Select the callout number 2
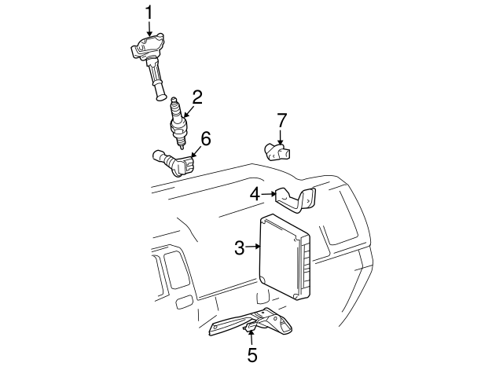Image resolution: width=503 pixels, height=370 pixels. click(x=196, y=97)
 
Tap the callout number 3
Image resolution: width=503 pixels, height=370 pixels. click(x=240, y=248)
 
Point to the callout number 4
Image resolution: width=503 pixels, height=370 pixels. click(x=255, y=193)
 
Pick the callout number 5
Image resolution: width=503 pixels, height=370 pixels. click(x=251, y=355)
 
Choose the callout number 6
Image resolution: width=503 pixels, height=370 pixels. click(x=206, y=139)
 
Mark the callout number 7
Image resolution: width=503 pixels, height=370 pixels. click(x=282, y=120)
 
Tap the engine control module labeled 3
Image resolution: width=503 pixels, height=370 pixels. click(x=285, y=256)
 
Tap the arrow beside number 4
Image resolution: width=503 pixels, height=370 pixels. click(x=269, y=193)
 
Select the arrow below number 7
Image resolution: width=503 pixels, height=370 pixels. click(x=281, y=137)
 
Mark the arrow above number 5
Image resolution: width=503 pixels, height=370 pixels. click(x=251, y=338)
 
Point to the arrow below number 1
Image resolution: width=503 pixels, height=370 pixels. click(x=149, y=28)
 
